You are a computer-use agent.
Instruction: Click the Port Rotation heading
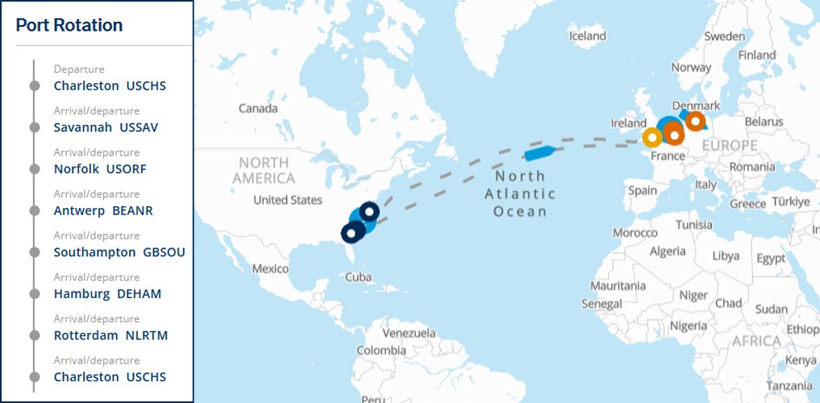[x=69, y=25]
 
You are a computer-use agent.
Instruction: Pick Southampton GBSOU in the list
[x=119, y=252]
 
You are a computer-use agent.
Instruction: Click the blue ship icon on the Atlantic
[x=537, y=152]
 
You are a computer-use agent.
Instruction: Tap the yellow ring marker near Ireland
[x=651, y=138]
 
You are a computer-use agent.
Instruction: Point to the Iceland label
[x=587, y=36]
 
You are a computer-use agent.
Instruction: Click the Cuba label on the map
[x=358, y=277]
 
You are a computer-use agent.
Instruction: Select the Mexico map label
[x=270, y=268]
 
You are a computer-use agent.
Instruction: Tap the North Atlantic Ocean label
[x=520, y=193]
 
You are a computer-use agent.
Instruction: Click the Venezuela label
[x=409, y=333]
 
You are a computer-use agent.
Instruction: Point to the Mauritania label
[x=618, y=286]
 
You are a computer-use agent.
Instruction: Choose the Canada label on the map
[x=258, y=108]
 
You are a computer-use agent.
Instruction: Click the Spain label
[x=643, y=191]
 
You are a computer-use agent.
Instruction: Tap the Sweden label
[x=724, y=36]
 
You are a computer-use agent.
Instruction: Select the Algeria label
[x=668, y=251]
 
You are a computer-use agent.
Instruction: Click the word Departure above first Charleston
[x=79, y=69]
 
